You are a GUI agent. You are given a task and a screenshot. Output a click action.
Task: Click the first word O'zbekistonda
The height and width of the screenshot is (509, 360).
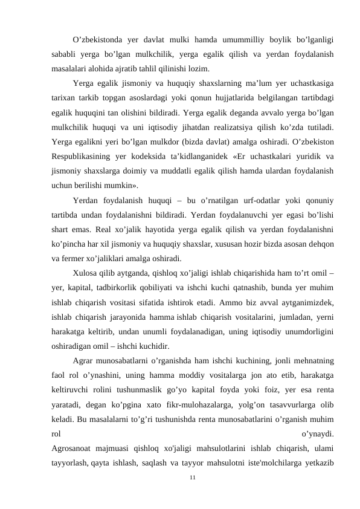coord(95,41)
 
